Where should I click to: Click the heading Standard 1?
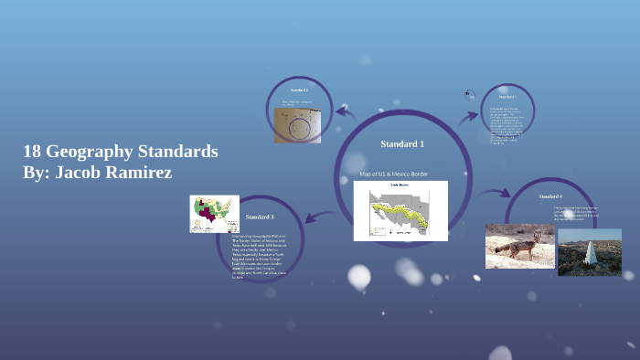click(402, 144)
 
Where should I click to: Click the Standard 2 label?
click(299, 91)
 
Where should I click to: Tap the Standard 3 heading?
click(260, 217)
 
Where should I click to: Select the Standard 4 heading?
click(550, 196)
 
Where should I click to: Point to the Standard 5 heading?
click(508, 96)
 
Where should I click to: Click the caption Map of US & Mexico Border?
click(394, 174)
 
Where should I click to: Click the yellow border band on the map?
click(401, 213)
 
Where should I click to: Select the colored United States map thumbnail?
click(214, 214)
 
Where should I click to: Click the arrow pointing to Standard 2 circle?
click(346, 112)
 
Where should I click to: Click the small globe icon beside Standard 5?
click(469, 94)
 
